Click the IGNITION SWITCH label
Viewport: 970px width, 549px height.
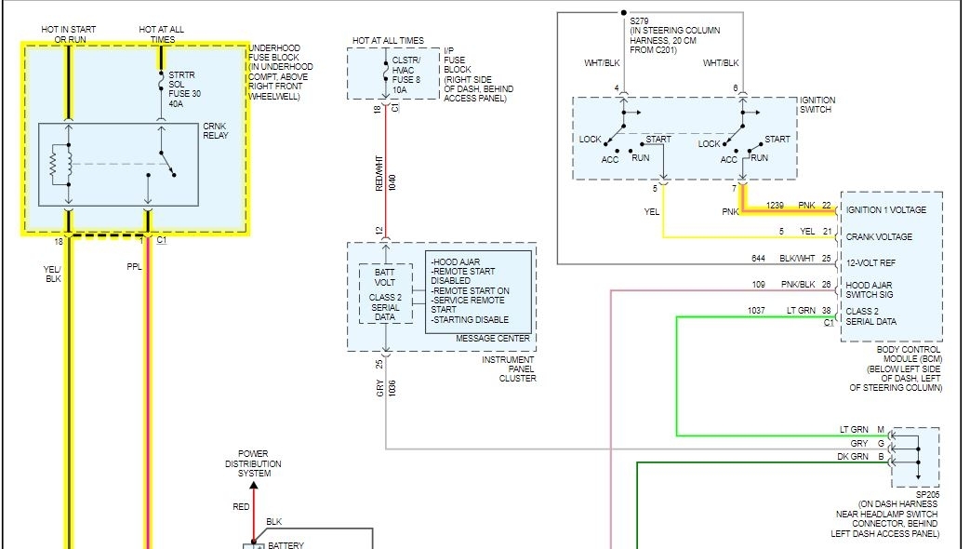(817, 105)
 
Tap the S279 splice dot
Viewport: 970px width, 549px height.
(624, 13)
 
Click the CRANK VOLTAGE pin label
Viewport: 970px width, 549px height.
(879, 236)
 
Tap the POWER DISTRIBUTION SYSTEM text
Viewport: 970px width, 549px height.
(254, 463)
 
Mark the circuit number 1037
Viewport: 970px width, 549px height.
(758, 310)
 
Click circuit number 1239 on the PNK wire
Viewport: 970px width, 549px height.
(776, 205)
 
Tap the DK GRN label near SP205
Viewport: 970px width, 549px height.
(854, 457)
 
